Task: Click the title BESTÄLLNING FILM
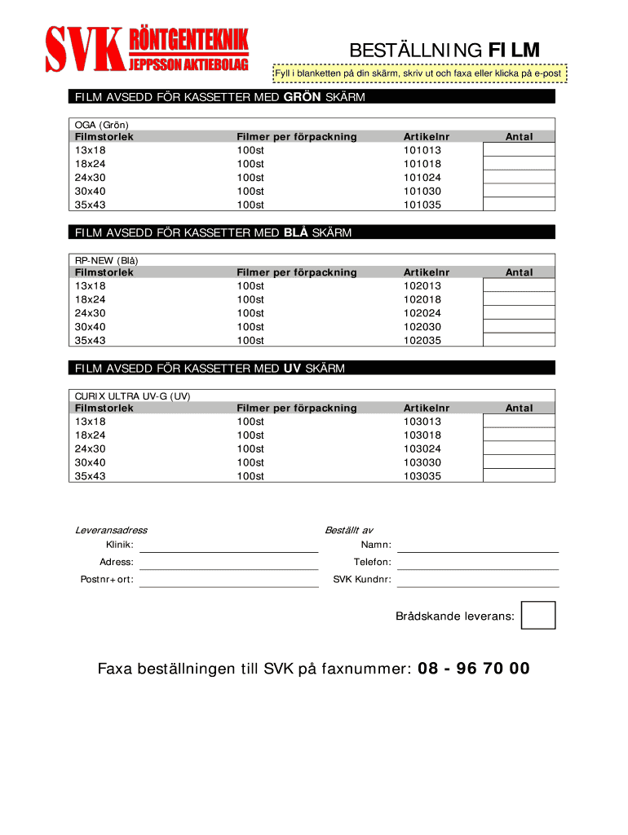click(x=444, y=51)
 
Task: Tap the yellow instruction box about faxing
click(x=419, y=74)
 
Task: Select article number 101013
click(x=422, y=151)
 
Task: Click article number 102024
click(x=422, y=313)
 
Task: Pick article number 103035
click(x=422, y=476)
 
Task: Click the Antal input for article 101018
click(x=519, y=164)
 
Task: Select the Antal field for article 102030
click(x=519, y=326)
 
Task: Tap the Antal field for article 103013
click(x=519, y=421)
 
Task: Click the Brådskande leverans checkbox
click(x=537, y=615)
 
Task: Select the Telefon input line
click(x=478, y=563)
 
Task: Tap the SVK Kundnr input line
click(x=478, y=580)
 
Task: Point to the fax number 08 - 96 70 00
click(x=473, y=669)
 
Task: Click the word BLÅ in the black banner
click(x=295, y=233)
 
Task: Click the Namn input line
click(x=478, y=545)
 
